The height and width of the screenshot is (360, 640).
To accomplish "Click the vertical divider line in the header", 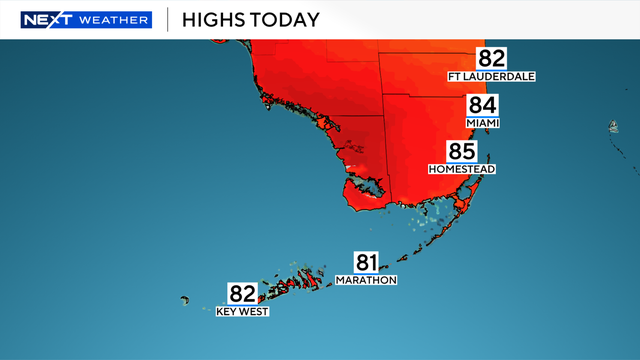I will click(x=166, y=20).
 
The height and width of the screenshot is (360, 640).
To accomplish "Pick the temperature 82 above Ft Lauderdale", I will click(x=492, y=58).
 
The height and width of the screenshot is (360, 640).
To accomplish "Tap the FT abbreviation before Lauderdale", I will click(x=458, y=76).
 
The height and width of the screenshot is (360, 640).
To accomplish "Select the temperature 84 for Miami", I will click(x=483, y=106).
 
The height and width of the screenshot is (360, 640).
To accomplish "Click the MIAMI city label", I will click(x=483, y=123).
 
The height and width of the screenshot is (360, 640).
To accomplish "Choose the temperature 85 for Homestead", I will click(x=462, y=152).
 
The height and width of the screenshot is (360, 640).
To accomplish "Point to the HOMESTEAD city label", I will click(x=462, y=169).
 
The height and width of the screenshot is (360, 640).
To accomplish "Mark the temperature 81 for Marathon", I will click(x=367, y=263).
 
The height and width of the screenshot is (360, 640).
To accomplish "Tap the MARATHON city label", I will click(x=367, y=281).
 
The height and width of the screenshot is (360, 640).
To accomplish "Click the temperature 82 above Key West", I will click(x=243, y=294).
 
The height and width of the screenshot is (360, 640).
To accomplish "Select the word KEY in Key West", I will click(x=228, y=312).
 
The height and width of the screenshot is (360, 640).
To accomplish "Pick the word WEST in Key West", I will click(x=254, y=312).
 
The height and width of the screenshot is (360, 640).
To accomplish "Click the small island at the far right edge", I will click(x=613, y=127).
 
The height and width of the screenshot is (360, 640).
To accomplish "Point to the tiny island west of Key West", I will click(x=184, y=299).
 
